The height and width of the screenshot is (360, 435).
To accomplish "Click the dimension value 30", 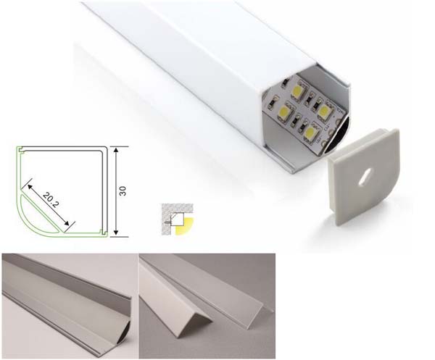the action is coord(123,191).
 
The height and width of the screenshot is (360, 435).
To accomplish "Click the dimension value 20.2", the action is coord(51,200).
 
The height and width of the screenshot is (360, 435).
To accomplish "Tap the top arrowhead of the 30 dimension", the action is coord(116,151).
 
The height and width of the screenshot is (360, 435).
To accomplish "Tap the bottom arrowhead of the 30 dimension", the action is coord(116,233).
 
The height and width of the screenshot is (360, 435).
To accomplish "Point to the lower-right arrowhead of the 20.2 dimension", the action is coord(66,222).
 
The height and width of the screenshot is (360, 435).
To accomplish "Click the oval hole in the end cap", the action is coord(364,177).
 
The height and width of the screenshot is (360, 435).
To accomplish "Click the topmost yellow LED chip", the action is coord(299,91).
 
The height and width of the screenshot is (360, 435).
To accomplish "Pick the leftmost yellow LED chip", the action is coord(284,112).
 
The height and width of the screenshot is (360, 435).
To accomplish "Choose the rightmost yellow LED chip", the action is coord(324,111).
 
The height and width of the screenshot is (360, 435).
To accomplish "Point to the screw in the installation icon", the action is coord(167,222).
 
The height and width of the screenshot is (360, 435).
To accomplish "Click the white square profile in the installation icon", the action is coord(179,219).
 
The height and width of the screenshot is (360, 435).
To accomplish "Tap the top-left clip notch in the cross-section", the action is coord(21,151).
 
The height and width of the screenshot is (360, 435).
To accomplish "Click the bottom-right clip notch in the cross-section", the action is coord(104,233).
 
